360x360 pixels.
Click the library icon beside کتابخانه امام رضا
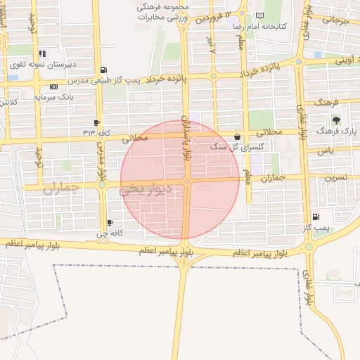tap(260, 15)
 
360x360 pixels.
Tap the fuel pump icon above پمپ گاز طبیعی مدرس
tap(105, 70)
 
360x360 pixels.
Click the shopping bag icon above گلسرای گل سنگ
tap(236, 136)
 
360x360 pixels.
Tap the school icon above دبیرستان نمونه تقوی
tap(42, 53)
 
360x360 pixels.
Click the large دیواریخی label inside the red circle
tap(142, 190)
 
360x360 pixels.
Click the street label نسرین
tap(335, 179)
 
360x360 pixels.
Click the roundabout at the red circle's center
tap(187, 181)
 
